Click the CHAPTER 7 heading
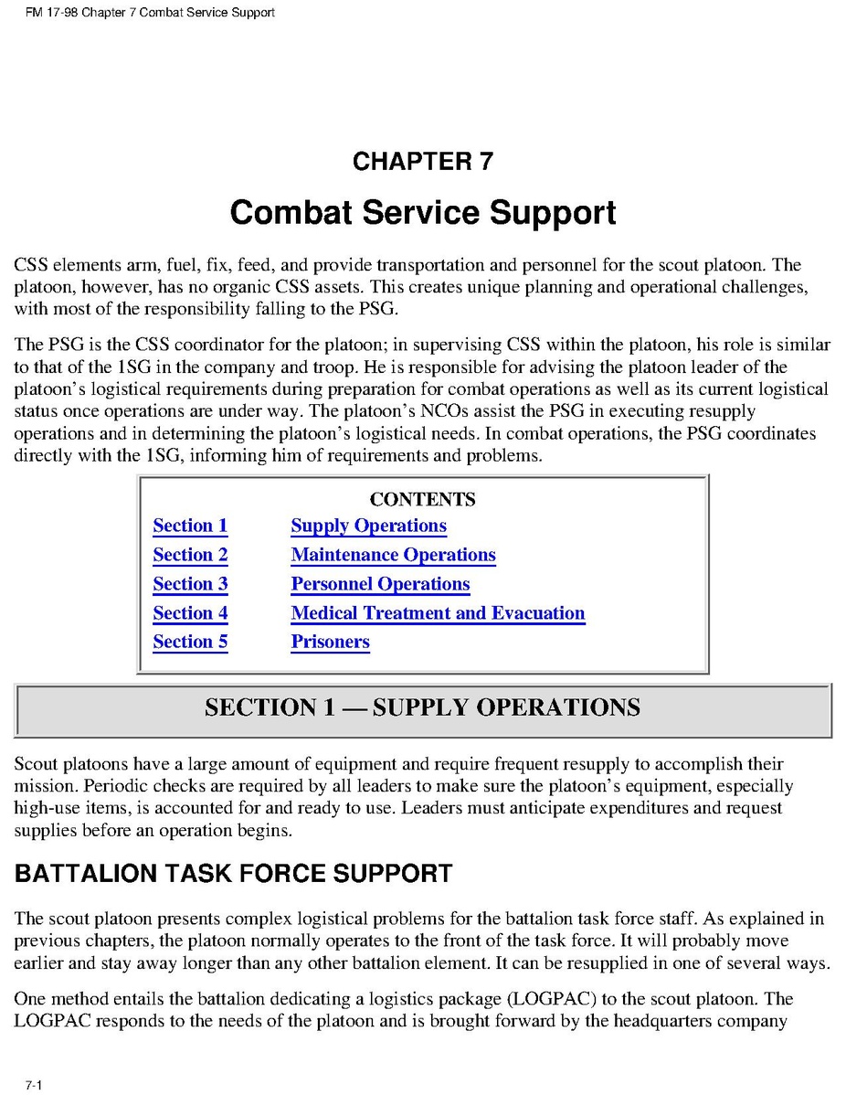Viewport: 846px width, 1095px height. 422,162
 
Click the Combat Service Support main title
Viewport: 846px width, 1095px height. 422,212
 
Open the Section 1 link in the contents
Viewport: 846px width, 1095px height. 190,526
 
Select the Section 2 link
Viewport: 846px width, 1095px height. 190,555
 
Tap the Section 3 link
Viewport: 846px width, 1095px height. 190,584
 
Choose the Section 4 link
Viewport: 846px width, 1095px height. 190,613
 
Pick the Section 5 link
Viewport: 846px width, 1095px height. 190,642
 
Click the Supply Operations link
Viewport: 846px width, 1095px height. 368,526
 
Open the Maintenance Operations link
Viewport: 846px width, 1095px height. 393,555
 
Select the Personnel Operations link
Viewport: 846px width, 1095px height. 380,584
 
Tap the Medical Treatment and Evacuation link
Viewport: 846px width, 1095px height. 438,613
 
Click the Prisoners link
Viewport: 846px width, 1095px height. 330,642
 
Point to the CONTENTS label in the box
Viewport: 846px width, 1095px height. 422,499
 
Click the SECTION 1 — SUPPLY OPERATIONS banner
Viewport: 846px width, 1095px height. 422,707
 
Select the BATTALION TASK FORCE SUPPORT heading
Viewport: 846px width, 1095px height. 233,874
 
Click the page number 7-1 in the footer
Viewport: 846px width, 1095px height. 34,1085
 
